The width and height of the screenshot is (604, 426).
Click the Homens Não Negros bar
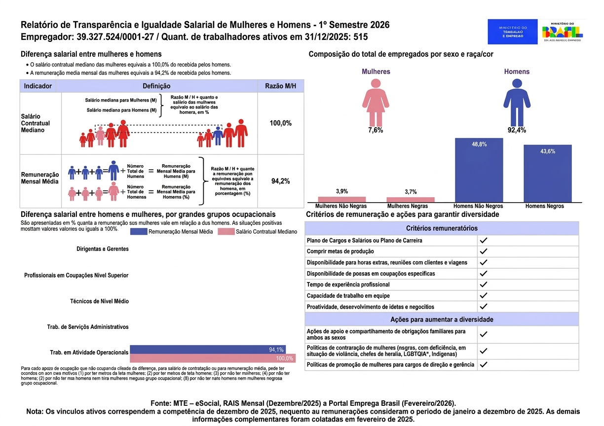[479, 170]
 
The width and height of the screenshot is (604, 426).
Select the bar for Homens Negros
[548, 173]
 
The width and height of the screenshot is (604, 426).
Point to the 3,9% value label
[342, 191]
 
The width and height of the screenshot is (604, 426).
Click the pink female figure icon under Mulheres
[376, 102]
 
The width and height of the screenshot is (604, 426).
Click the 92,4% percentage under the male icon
[517, 131]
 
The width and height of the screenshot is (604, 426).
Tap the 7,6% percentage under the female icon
[376, 131]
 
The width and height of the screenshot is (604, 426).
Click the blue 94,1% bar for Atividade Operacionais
[208, 350]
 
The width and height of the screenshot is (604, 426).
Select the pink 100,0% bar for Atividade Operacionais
[213, 358]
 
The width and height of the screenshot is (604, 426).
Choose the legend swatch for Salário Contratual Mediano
[226, 232]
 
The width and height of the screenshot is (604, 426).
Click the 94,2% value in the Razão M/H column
[281, 181]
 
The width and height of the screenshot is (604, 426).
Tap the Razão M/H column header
[281, 86]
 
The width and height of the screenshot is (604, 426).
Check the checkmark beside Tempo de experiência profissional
[484, 284]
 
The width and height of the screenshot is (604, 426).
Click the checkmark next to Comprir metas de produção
[484, 251]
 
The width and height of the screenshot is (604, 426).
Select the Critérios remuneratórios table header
[442, 228]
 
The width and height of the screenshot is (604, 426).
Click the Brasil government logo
[562, 32]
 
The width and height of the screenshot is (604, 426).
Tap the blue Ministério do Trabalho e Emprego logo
[513, 32]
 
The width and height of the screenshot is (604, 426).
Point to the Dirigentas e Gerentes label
[103, 249]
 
